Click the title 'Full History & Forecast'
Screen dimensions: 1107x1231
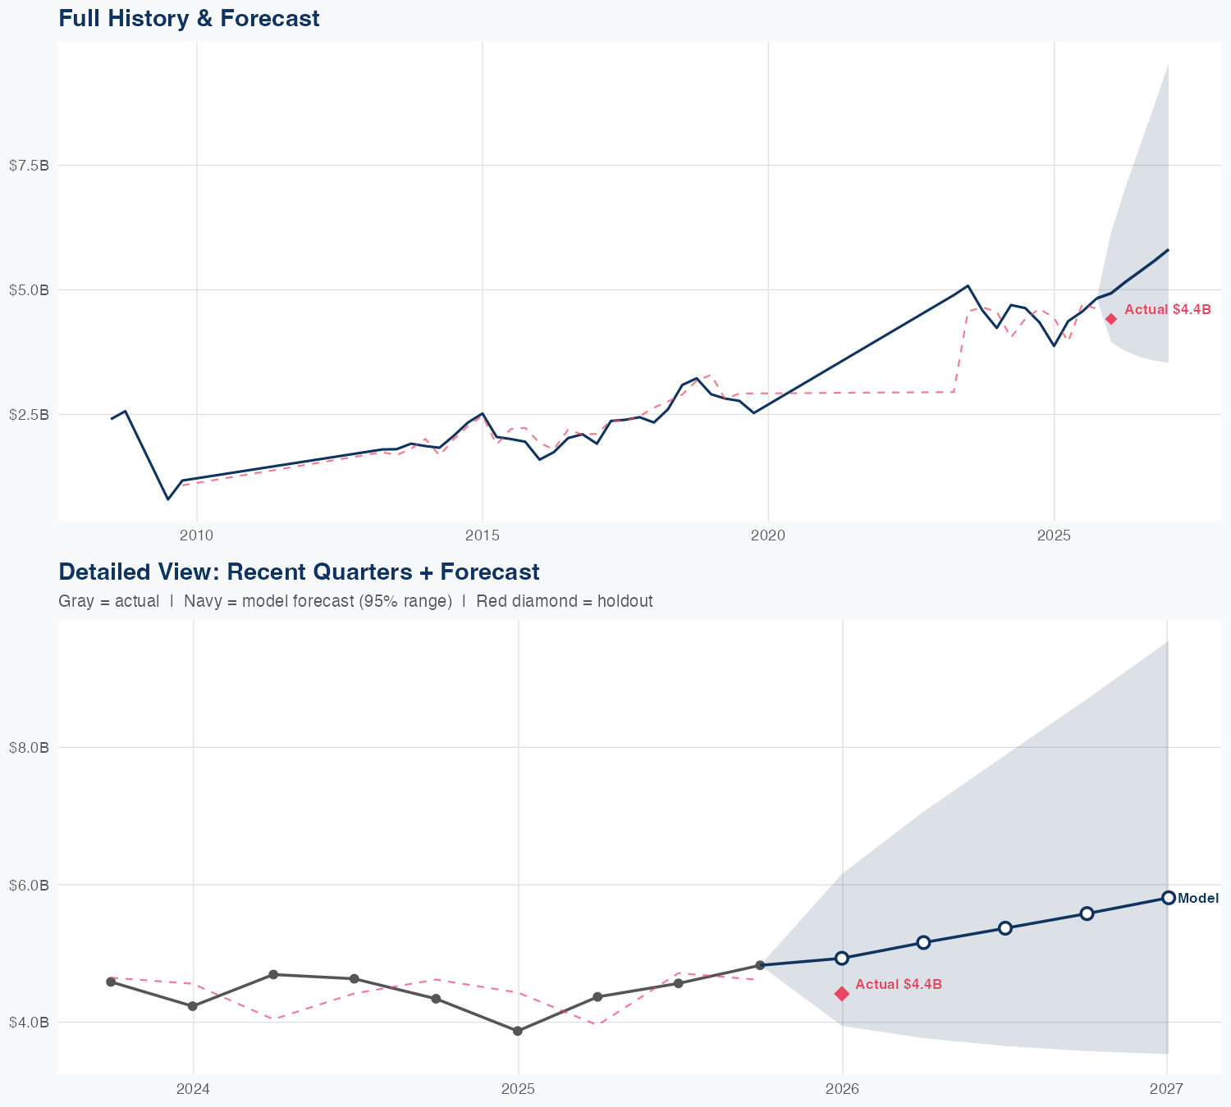point(189,18)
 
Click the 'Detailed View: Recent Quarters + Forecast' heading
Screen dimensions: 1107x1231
point(299,572)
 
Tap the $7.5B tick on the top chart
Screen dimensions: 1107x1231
point(29,166)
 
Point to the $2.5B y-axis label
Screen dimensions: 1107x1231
point(29,415)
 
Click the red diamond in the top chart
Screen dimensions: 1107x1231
point(1110,319)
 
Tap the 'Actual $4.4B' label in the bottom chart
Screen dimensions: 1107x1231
point(898,984)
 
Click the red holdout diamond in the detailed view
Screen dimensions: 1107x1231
point(842,994)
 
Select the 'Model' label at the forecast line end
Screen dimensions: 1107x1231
point(1198,899)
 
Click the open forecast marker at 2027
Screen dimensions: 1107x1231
point(1168,898)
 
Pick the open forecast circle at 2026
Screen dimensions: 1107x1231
point(842,958)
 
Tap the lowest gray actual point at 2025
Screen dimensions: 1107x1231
point(518,1031)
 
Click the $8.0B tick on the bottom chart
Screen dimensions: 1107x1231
point(29,748)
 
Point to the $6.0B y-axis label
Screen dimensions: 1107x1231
point(29,886)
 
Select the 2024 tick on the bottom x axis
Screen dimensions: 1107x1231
point(194,1089)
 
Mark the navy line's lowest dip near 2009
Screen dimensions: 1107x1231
point(167,499)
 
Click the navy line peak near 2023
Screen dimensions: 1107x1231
point(968,286)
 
